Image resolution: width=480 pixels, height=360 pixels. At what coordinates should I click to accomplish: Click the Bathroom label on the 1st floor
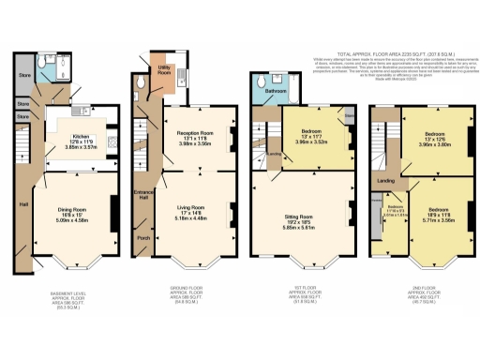click(275, 92)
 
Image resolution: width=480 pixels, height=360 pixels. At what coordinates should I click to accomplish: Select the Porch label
click(142, 238)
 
